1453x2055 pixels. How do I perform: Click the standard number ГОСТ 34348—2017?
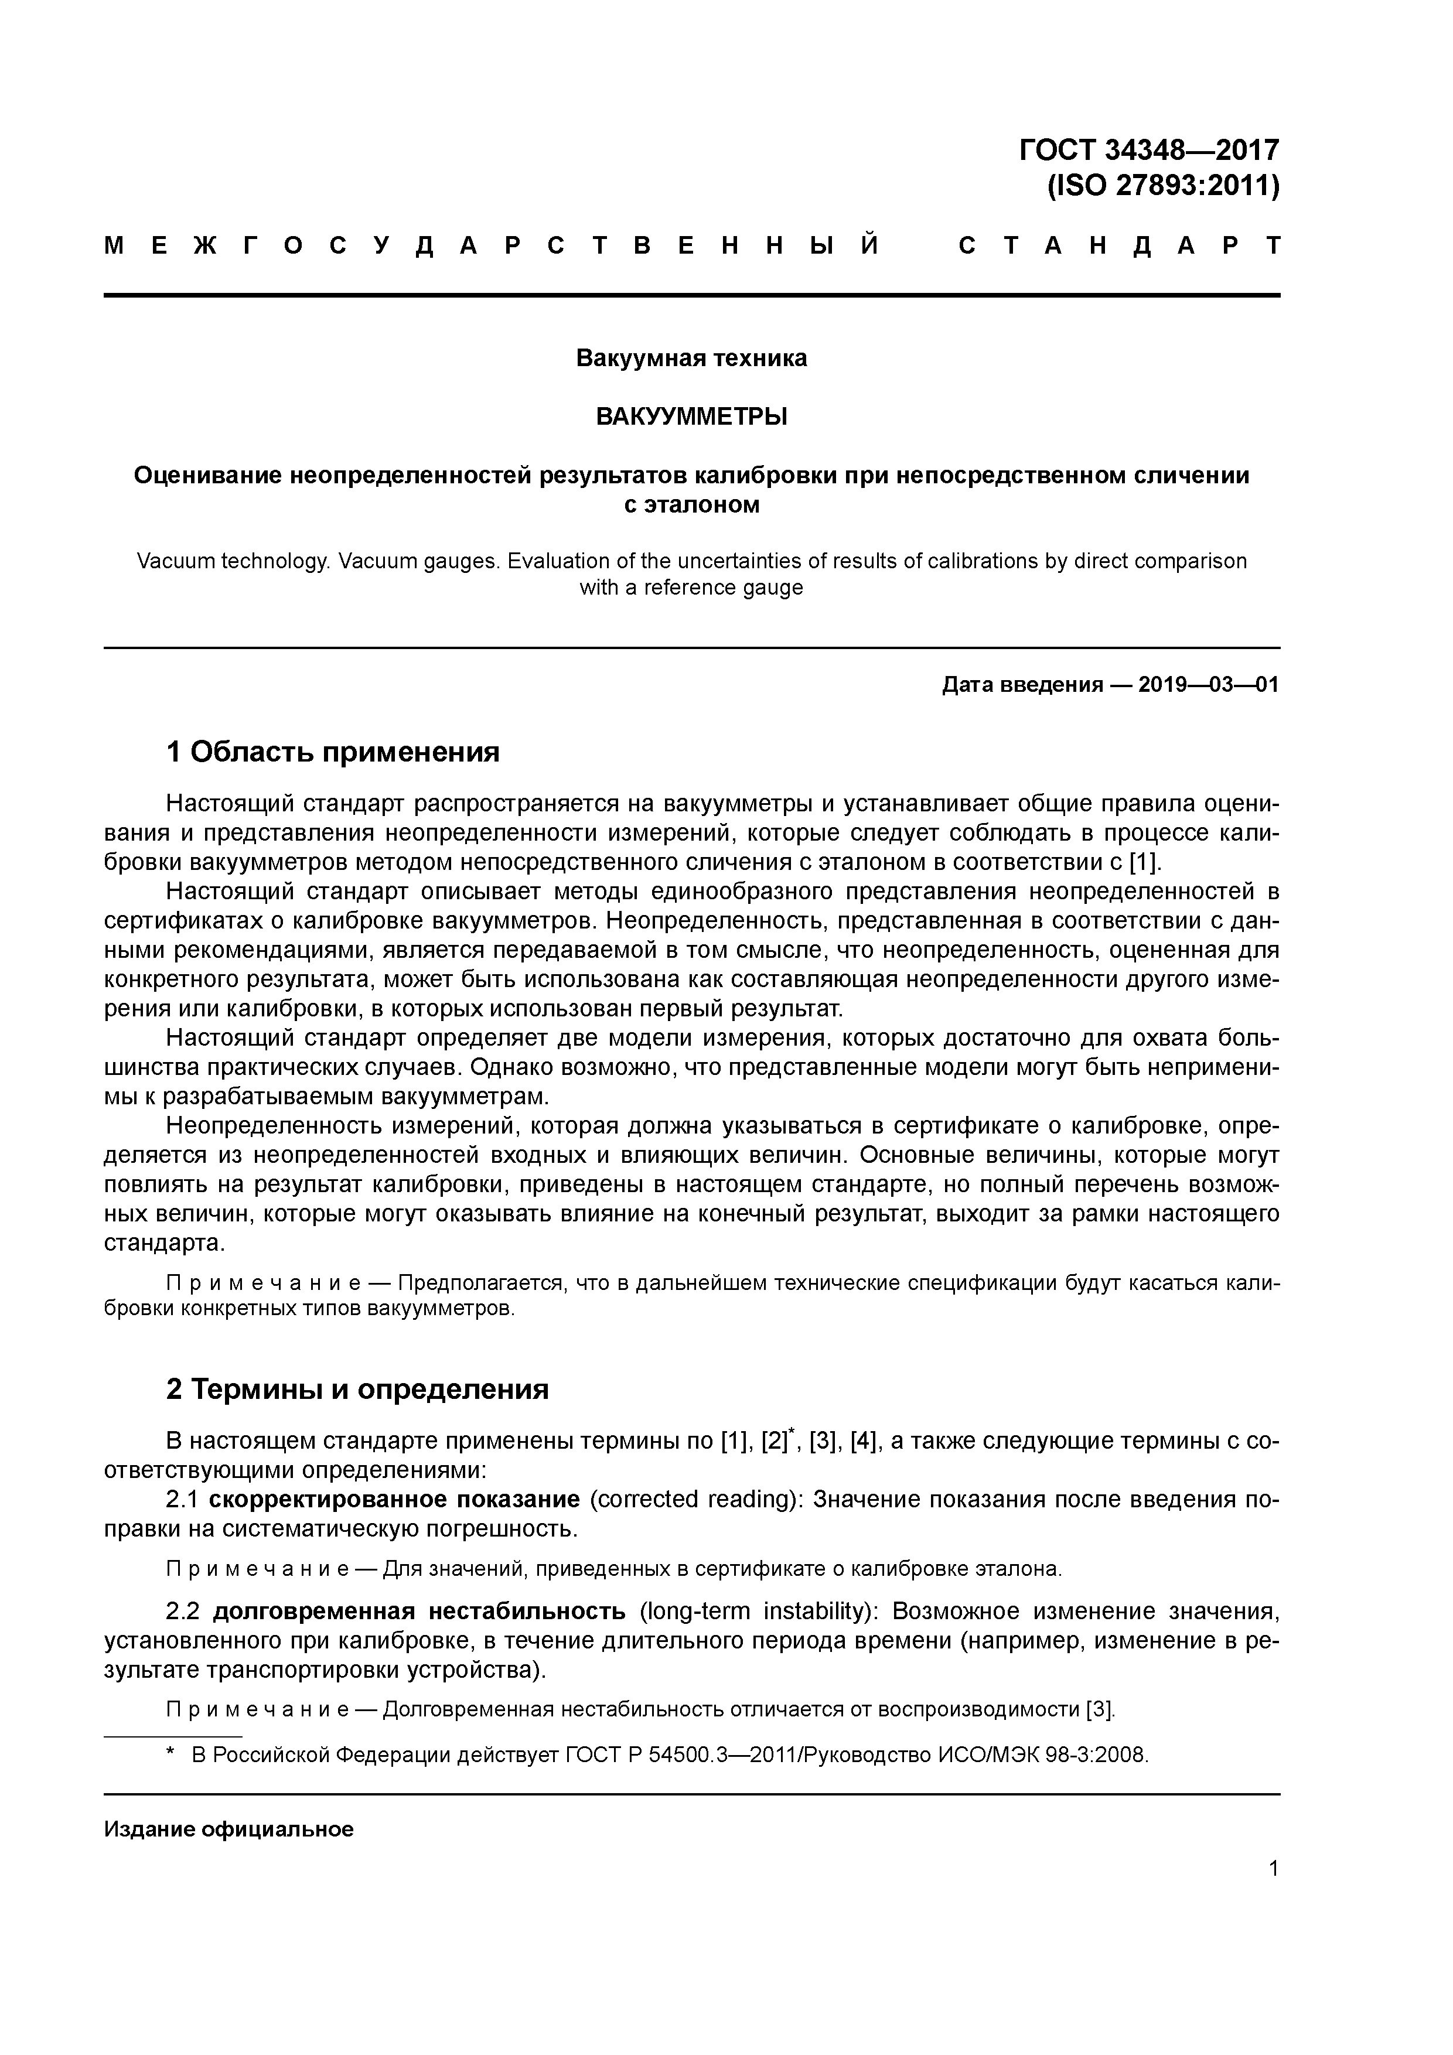pos(1148,149)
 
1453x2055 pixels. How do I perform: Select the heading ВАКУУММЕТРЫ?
pos(691,417)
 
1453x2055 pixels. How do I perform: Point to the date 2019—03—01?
pos(1208,685)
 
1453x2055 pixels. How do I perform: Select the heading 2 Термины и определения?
pos(357,1389)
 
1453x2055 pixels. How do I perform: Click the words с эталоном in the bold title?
pos(691,505)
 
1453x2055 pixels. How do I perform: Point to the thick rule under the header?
pos(691,295)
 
